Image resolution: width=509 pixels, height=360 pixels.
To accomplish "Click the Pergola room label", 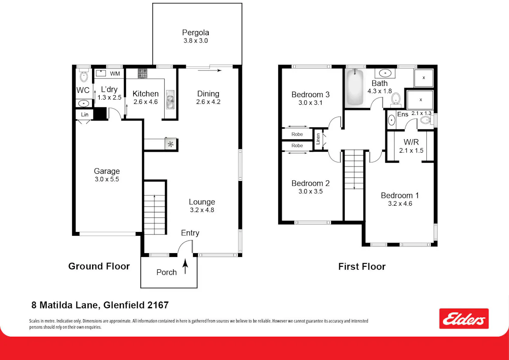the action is [x=196, y=33].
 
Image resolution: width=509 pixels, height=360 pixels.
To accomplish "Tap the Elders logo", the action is [x=464, y=318].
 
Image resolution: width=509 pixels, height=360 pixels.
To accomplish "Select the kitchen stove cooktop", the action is [x=143, y=74].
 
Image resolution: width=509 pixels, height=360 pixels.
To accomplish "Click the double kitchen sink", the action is [x=170, y=100].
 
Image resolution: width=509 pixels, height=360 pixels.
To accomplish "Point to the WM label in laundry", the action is [x=115, y=74].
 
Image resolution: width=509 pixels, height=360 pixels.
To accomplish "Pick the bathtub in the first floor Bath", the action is [x=355, y=87].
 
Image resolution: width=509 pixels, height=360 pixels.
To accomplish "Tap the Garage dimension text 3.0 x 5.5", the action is [x=107, y=179].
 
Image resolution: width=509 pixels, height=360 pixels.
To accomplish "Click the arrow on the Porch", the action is [x=185, y=266].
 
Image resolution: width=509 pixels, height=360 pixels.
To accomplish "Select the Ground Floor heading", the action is [x=99, y=266].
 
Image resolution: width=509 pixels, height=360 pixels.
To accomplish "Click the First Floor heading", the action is [x=362, y=266].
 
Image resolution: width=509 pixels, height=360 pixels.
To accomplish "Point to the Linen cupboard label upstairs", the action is [x=318, y=139].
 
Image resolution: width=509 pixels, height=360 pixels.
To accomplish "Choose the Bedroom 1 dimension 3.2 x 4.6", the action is [x=400, y=204].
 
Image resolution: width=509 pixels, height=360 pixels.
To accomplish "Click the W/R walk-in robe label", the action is [x=411, y=142].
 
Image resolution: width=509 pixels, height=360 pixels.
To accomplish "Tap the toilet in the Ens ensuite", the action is [x=425, y=120].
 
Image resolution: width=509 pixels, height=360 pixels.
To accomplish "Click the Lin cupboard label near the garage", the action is [x=84, y=114].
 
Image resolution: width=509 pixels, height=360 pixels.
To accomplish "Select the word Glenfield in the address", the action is [x=124, y=305].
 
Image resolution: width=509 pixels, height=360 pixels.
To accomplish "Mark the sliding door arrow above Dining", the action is [x=210, y=70].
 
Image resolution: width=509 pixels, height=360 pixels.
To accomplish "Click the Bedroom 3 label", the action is [x=310, y=95].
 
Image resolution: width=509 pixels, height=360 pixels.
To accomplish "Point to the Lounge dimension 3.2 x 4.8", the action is [x=202, y=210].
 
